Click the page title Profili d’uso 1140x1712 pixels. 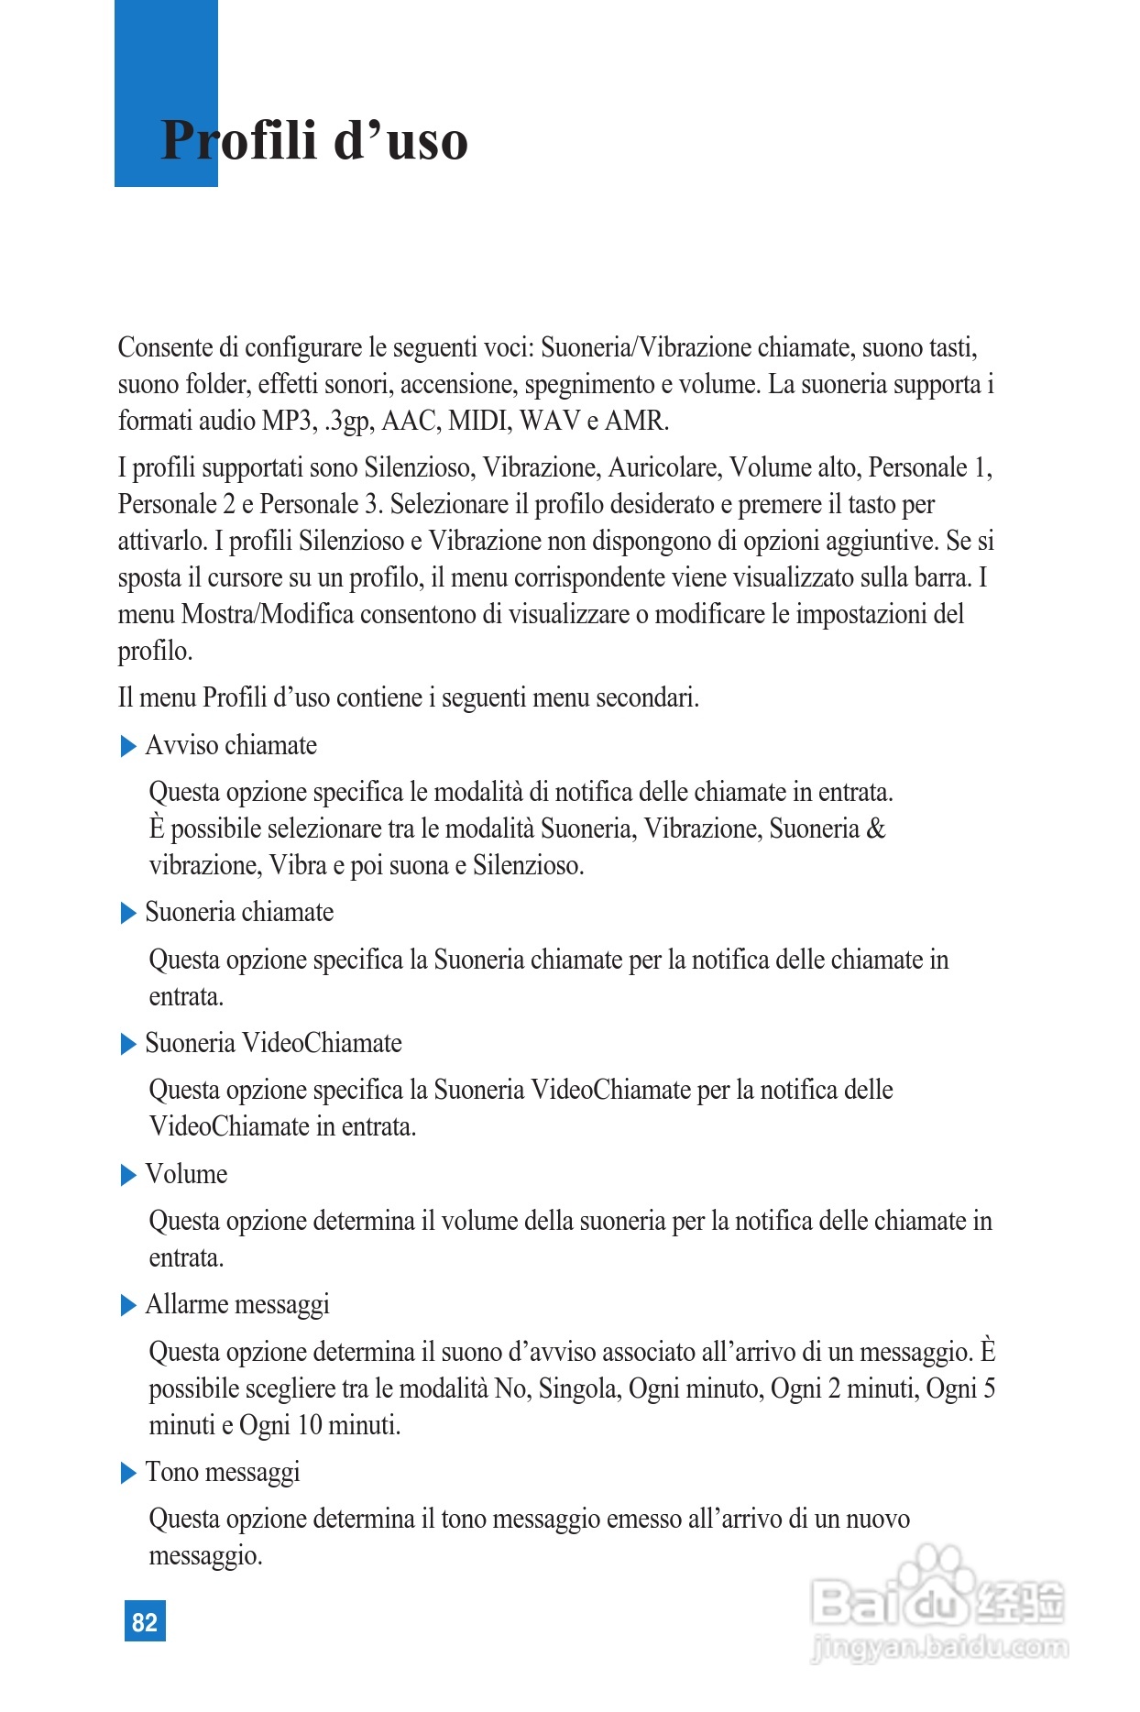coord(313,141)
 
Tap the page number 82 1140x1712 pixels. coord(145,1622)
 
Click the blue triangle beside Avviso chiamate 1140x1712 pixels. coord(128,747)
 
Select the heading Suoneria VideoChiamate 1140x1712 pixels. coord(273,1043)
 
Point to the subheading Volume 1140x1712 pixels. coord(186,1174)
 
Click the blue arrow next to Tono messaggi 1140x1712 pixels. coord(128,1474)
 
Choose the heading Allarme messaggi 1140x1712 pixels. coord(237,1304)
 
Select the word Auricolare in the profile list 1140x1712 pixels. coord(667,467)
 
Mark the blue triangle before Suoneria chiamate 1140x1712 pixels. coord(128,914)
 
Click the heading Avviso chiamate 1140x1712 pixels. coord(231,745)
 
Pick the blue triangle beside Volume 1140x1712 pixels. coord(128,1176)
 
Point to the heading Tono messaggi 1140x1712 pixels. coord(223,1472)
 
